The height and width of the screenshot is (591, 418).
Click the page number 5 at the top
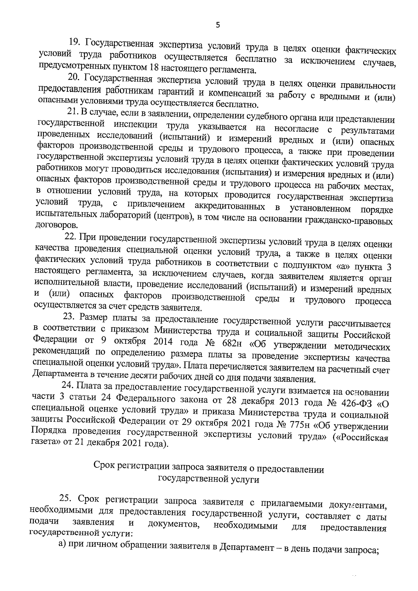click(218, 25)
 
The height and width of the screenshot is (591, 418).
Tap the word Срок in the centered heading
click(104, 466)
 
